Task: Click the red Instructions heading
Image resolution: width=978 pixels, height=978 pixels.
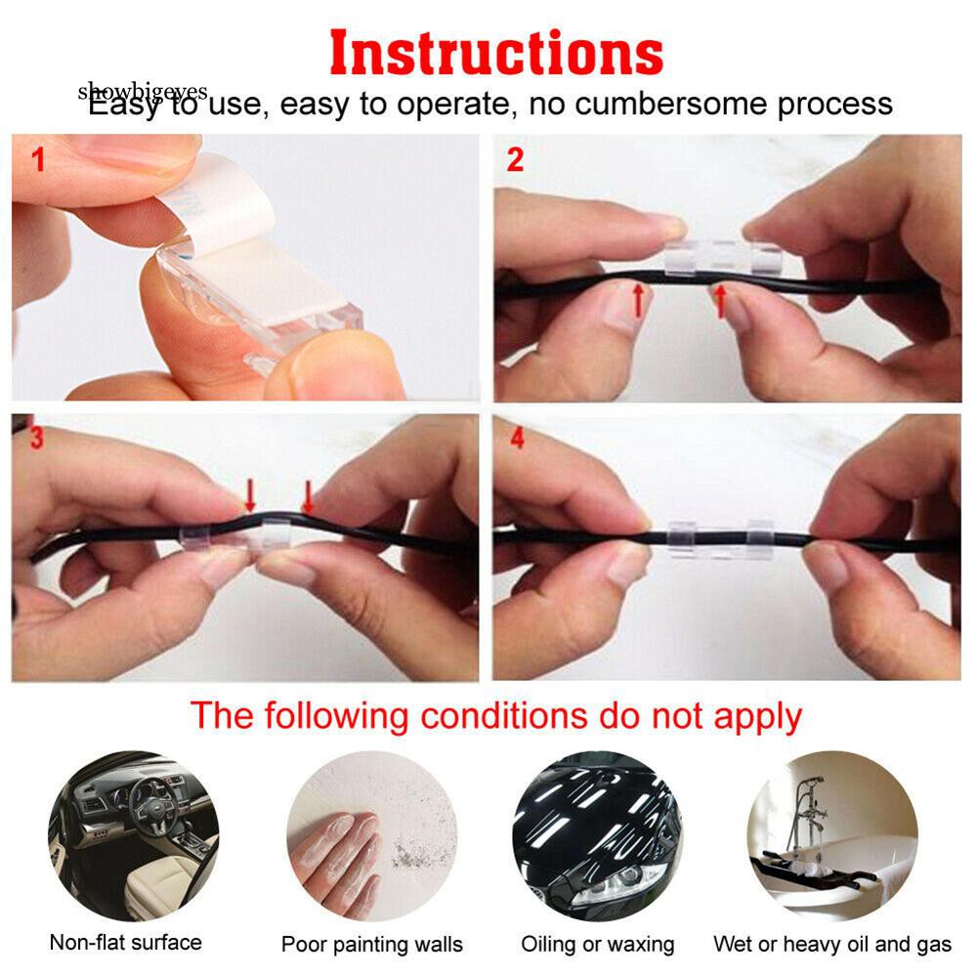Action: [495, 53]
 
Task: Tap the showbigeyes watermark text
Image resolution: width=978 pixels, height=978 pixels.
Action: [143, 91]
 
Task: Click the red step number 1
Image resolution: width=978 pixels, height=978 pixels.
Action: [38, 159]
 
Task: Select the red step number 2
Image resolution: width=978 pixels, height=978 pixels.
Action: [515, 160]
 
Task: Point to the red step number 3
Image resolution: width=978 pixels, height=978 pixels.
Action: [37, 439]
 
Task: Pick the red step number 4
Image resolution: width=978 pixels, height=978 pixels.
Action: [517, 439]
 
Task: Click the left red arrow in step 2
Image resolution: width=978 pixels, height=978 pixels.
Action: [638, 297]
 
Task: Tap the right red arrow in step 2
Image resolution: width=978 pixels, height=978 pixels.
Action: [721, 299]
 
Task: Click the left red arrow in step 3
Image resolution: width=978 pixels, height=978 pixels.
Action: [250, 493]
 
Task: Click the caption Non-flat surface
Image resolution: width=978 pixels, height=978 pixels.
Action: [125, 943]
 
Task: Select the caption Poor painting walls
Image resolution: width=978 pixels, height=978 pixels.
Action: [372, 945]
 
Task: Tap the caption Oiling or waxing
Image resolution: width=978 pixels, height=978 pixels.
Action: [597, 944]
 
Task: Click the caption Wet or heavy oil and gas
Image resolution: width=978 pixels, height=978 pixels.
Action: [831, 944]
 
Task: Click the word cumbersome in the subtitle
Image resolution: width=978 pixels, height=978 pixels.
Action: [671, 104]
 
